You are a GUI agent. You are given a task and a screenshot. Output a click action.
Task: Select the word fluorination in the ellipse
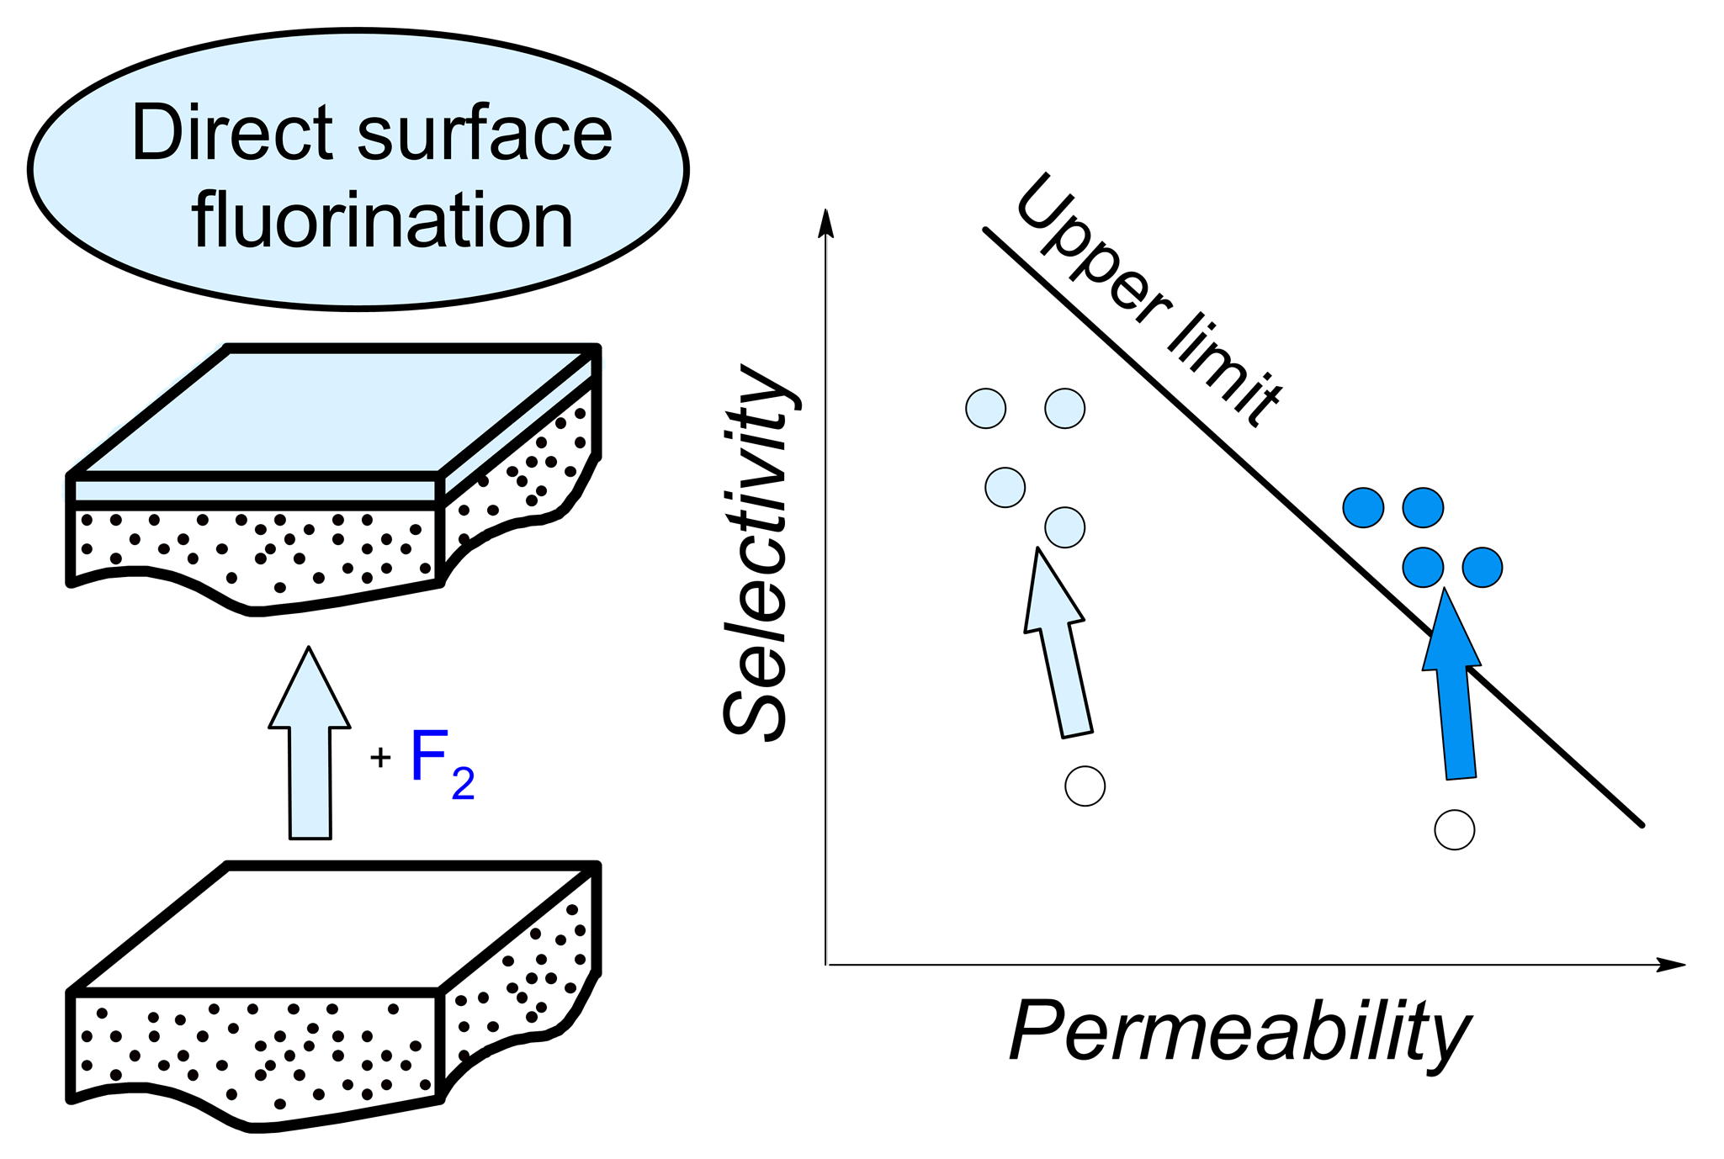[383, 220]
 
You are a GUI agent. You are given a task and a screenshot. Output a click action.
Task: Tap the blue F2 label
[441, 762]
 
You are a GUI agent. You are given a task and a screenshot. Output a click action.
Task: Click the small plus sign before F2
[380, 758]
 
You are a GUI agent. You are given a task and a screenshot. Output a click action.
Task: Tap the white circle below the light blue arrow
[1085, 786]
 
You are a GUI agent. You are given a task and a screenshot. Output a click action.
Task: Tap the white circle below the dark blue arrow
[1454, 830]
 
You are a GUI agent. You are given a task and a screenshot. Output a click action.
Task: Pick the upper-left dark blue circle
[1363, 507]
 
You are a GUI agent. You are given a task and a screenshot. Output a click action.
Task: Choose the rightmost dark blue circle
[1482, 567]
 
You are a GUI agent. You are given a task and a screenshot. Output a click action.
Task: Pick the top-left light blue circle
[985, 409]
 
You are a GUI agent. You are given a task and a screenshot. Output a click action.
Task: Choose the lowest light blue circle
[1064, 527]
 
